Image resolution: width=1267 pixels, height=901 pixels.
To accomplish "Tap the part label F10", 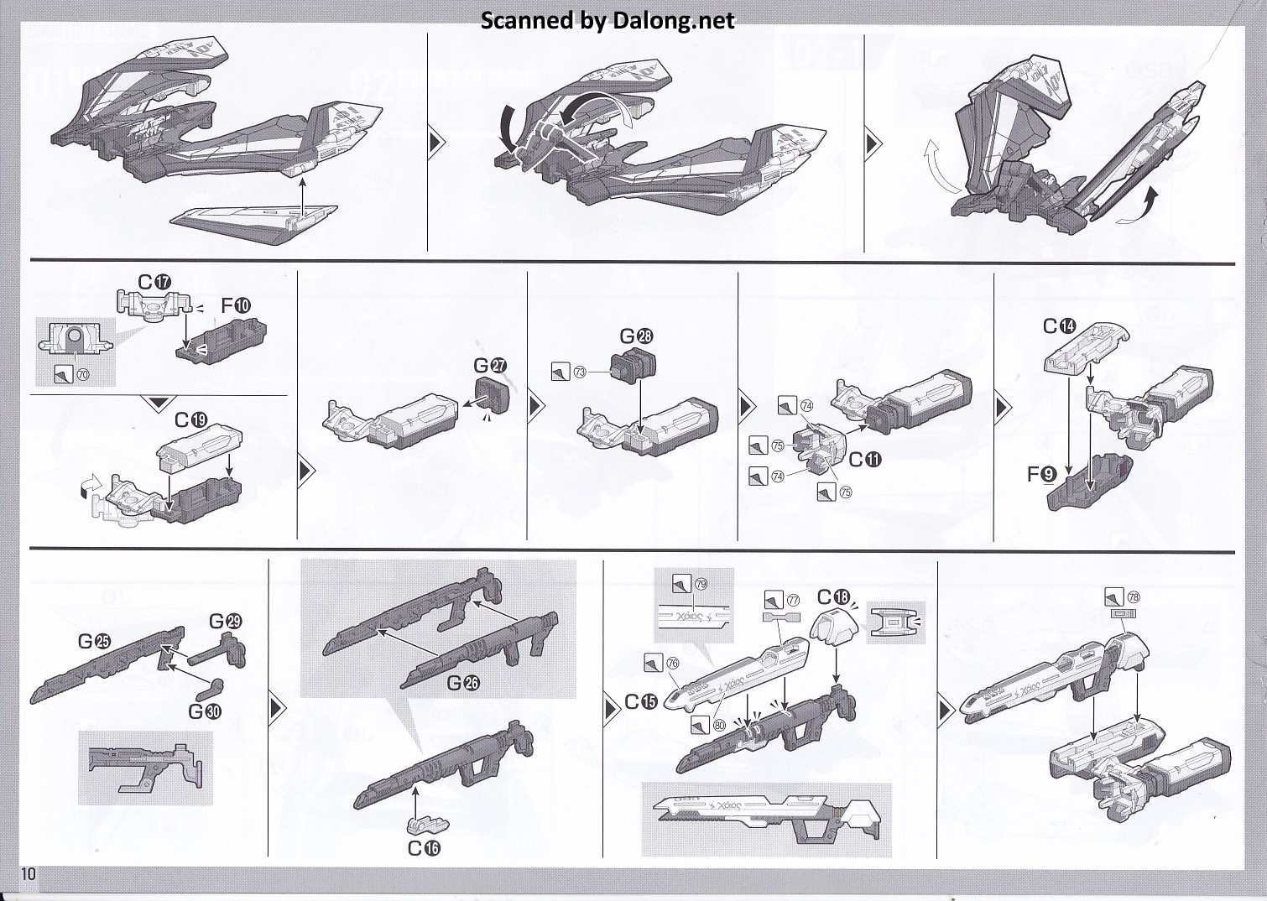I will coord(236,306).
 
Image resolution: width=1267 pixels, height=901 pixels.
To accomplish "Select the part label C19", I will coord(191,419).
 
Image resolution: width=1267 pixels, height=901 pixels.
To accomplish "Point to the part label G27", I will coord(491,366).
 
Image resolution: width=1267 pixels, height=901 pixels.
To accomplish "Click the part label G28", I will coord(637,336).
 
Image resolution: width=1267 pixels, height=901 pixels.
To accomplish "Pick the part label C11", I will coord(865,459).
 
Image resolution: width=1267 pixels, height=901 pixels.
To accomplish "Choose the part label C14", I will coord(1059,326).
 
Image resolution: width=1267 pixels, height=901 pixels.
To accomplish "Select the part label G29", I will coord(226,622).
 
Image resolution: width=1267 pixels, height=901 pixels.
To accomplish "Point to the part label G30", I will coord(205,711).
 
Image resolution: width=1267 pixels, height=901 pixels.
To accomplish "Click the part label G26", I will coord(463,682).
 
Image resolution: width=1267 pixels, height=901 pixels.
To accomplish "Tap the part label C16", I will coord(424,848).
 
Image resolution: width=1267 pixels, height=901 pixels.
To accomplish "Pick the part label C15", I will coord(643,702).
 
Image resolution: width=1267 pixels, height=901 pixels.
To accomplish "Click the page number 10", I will coord(29,874).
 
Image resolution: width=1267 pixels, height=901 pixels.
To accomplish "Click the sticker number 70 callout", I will coord(82,376).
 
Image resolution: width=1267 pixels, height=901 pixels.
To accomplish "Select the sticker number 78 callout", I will coord(1134,598).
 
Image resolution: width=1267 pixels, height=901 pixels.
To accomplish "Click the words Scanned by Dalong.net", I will coord(607,20).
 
